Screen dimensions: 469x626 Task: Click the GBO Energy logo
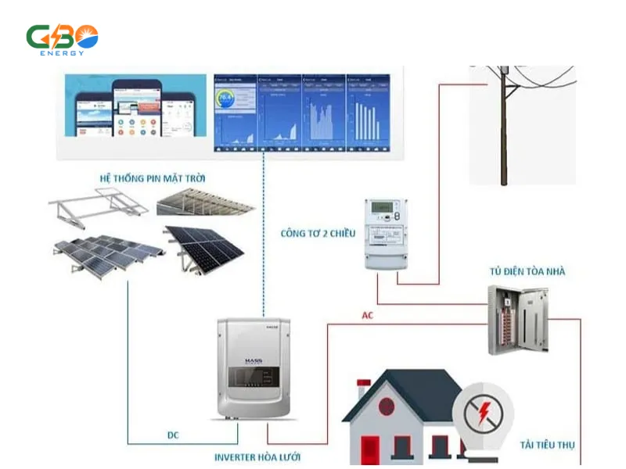coord(63,39)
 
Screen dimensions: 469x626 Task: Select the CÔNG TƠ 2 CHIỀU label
coord(317,233)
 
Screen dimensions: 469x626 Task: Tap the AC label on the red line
coord(368,316)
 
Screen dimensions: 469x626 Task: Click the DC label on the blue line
coord(174,435)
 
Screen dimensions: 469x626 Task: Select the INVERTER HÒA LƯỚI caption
coord(257,456)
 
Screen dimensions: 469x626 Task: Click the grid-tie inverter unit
coord(253,367)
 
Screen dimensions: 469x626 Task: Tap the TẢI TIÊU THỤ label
coord(548,445)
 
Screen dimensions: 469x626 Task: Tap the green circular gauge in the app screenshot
coord(227,98)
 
